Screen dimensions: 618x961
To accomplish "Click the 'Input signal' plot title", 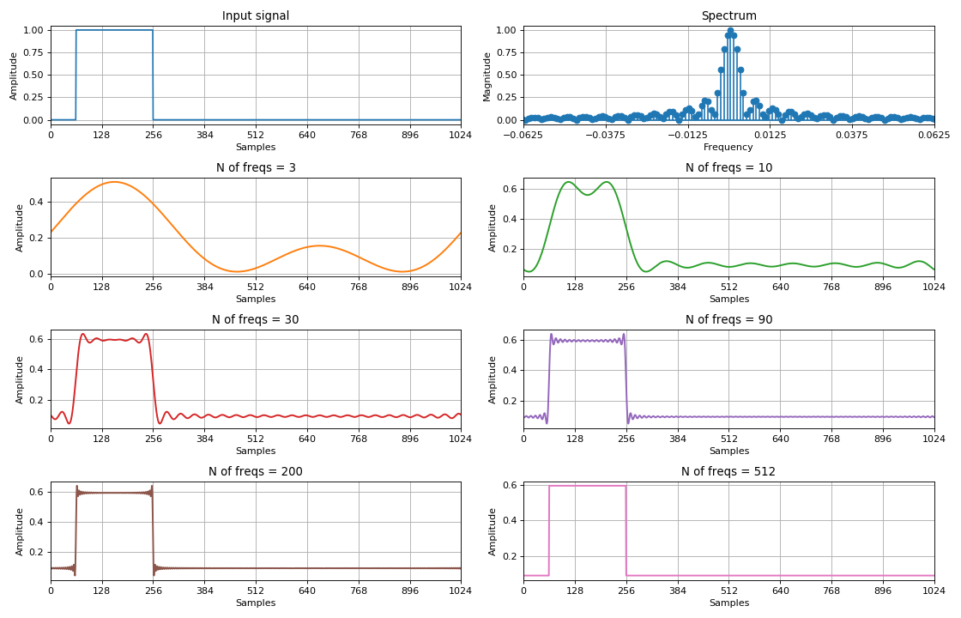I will [256, 16].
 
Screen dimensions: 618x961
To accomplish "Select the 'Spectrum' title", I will [728, 16].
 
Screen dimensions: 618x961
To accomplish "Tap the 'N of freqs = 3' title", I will [256, 168].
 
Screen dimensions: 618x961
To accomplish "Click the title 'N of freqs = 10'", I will [728, 168].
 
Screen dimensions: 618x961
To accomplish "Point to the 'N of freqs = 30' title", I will [256, 320].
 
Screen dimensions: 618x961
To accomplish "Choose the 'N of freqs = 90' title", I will [728, 320].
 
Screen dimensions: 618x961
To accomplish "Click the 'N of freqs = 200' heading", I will [256, 472].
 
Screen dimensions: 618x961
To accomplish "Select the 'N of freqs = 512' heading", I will [728, 472].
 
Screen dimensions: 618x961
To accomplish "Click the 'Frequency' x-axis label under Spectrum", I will [728, 148].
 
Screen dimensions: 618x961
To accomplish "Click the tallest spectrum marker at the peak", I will [730, 31].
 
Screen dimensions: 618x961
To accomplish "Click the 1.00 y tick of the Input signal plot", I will [33, 30].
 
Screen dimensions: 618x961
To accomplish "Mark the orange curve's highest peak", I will [114, 182].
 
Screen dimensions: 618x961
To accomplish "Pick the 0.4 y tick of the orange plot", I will [38, 203].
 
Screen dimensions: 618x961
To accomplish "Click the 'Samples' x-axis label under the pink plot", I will [728, 603].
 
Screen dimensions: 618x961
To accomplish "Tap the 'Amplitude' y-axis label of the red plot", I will [20, 379].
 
